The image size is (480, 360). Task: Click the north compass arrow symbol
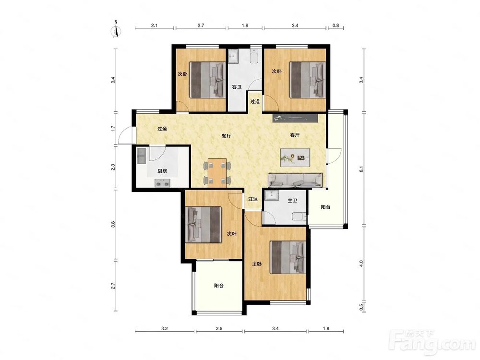click(x=116, y=30)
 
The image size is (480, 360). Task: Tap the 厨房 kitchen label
click(x=162, y=171)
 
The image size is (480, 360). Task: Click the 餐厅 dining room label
click(x=226, y=136)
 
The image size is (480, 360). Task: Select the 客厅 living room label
click(x=295, y=135)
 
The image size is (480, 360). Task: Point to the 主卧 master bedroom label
click(x=257, y=264)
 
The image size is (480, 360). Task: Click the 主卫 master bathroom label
click(x=293, y=201)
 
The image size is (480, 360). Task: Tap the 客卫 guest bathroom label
click(x=237, y=87)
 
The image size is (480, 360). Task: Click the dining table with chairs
click(x=217, y=172)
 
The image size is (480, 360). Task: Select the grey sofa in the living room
click(x=295, y=180)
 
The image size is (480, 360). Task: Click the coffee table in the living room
click(x=295, y=157)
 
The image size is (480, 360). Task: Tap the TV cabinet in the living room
click(x=295, y=118)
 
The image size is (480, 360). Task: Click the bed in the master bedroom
click(x=288, y=257)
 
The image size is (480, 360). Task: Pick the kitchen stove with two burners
click(x=163, y=183)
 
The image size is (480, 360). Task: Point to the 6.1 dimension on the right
click(x=361, y=169)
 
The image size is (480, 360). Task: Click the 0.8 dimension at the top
click(x=336, y=26)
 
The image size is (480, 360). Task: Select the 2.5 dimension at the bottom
click(x=219, y=328)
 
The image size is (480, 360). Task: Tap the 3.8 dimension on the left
click(x=113, y=224)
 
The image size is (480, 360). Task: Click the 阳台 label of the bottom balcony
click(x=218, y=286)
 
